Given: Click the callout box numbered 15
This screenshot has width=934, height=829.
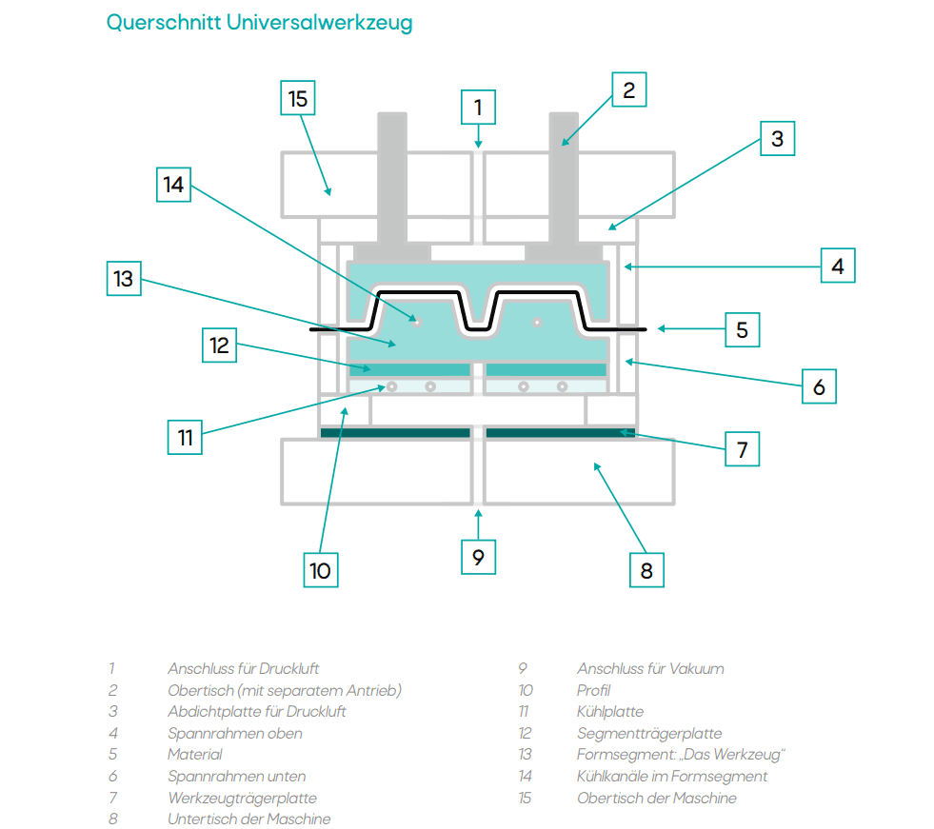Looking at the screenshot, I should (x=298, y=99).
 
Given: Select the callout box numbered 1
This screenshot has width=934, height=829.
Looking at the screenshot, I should (x=479, y=108).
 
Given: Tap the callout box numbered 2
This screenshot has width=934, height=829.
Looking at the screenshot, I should (x=628, y=90).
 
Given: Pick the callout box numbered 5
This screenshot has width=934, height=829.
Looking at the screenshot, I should (x=742, y=329).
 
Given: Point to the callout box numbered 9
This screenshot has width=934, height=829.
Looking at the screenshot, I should (x=479, y=556).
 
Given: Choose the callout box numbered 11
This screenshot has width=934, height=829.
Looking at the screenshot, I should (x=186, y=437).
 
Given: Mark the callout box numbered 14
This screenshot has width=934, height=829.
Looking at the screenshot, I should (x=173, y=184).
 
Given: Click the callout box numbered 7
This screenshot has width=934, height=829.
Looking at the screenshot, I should (x=743, y=449).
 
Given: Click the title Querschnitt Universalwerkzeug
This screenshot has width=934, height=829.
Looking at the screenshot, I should (x=259, y=23).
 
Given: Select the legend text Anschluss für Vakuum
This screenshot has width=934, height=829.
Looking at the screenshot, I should (x=650, y=669).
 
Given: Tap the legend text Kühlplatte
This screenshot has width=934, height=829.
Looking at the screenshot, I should (x=610, y=712).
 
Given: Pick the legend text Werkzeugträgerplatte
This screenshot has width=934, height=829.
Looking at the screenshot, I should (x=242, y=798).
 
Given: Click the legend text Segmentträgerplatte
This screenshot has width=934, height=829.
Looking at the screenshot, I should (x=649, y=734).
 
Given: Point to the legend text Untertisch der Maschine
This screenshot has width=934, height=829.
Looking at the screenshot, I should (x=249, y=819).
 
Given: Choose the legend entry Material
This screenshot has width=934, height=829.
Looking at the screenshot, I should (x=195, y=755).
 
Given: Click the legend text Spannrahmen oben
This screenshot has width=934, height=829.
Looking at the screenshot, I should (x=235, y=734).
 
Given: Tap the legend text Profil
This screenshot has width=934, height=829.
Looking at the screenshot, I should (x=594, y=690).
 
